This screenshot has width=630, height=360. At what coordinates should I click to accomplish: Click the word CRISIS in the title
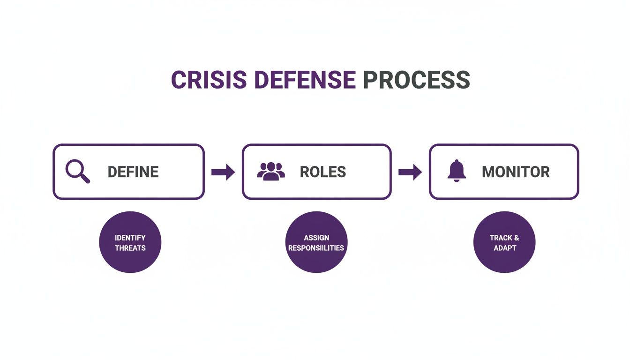pyautogui.click(x=209, y=80)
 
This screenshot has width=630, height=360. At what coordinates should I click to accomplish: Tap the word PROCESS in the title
pyautogui.click(x=417, y=80)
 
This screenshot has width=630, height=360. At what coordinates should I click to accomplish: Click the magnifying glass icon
pyautogui.click(x=77, y=172)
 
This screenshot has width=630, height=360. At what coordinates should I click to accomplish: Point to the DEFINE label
pyautogui.click(x=133, y=172)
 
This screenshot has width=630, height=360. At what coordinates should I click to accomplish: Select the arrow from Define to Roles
pyautogui.click(x=223, y=172)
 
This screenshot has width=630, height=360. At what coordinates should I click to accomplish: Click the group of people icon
pyautogui.click(x=271, y=171)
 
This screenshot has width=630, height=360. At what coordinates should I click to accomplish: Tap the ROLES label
pyautogui.click(x=322, y=172)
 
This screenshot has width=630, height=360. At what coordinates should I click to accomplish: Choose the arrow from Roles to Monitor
pyautogui.click(x=410, y=172)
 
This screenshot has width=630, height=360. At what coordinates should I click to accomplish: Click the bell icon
pyautogui.click(x=457, y=171)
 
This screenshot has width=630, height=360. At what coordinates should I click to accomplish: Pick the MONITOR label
pyautogui.click(x=516, y=172)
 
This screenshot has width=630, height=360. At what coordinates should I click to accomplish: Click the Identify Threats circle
pyautogui.click(x=130, y=242)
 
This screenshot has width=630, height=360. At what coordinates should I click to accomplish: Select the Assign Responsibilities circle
pyautogui.click(x=316, y=242)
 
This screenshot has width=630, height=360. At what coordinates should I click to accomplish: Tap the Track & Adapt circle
pyautogui.click(x=504, y=242)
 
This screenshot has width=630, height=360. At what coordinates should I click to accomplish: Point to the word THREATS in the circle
pyautogui.click(x=130, y=248)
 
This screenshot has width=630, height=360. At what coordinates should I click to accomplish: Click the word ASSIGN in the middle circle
pyautogui.click(x=316, y=238)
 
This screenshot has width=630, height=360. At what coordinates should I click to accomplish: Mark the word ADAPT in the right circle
pyautogui.click(x=504, y=248)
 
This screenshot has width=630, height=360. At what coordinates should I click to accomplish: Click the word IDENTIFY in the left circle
pyautogui.click(x=130, y=238)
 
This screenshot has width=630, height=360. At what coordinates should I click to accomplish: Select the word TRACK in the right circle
pyautogui.click(x=501, y=238)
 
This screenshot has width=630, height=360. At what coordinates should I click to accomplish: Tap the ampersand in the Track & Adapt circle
pyautogui.click(x=516, y=238)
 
